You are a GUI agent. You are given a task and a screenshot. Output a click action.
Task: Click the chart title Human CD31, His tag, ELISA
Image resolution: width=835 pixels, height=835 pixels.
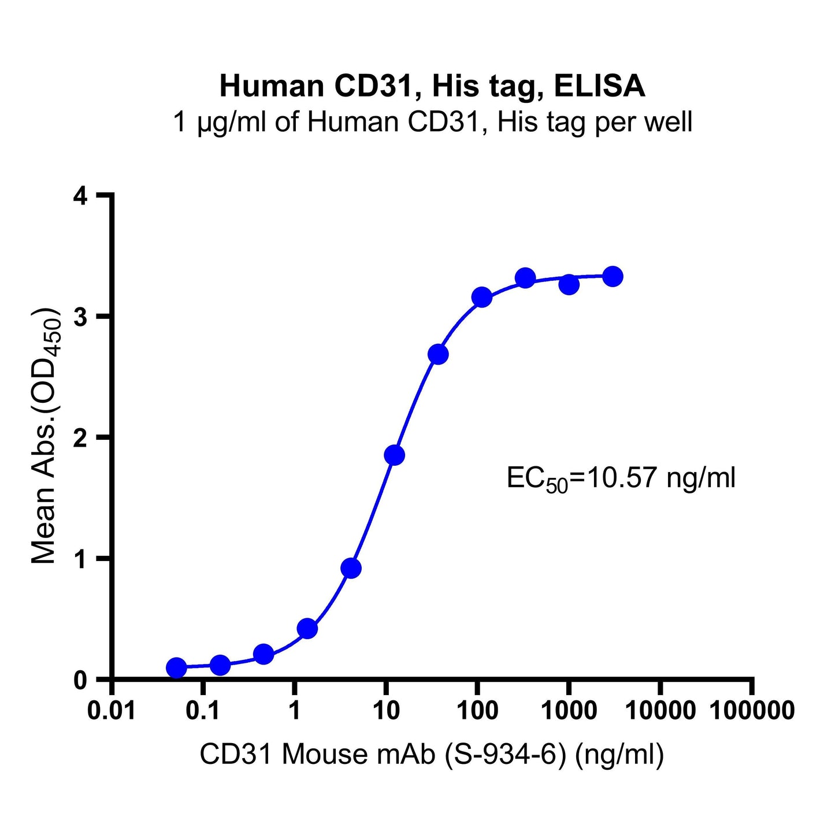pos(432,87)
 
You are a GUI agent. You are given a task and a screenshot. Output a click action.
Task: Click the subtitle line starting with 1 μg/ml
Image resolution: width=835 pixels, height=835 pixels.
pos(432,123)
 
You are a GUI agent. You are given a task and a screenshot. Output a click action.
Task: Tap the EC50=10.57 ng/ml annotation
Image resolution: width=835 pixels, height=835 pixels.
pos(621,479)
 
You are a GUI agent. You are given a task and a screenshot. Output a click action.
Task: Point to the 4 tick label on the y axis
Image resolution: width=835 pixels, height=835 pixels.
pos(81,196)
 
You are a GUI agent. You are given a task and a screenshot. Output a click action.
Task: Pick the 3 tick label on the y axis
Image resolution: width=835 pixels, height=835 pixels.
pos(81,317)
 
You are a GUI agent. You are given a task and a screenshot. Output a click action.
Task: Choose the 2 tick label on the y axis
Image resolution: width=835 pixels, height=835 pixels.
pos(81,437)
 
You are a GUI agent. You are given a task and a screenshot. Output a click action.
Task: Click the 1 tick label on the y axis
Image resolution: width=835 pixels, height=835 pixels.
pos(81,559)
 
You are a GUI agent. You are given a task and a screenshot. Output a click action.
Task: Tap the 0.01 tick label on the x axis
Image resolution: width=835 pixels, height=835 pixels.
pos(112,710)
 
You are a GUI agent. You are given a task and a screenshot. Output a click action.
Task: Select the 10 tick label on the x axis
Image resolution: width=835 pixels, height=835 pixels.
pos(385,710)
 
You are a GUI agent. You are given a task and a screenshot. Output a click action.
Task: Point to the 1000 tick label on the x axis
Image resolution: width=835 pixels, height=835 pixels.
pos(569,710)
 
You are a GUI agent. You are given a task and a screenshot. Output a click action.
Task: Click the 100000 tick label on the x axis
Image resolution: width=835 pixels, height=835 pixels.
pos(751,710)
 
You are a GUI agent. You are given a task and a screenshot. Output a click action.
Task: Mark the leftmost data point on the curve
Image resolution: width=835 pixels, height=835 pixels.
pos(176,667)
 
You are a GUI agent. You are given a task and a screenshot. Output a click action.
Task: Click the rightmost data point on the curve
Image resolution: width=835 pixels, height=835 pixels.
pos(613,276)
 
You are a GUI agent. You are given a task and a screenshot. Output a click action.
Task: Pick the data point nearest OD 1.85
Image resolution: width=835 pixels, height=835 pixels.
pos(394,455)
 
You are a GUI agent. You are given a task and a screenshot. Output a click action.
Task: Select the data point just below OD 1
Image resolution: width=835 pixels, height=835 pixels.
pos(351,569)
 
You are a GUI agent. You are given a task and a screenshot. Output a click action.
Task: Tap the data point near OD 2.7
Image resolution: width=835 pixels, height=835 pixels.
pos(438,354)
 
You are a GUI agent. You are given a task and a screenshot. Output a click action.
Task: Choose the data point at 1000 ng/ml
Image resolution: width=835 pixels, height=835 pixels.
pos(569,284)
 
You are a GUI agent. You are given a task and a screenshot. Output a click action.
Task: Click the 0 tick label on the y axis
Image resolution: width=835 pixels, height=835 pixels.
pos(81,680)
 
